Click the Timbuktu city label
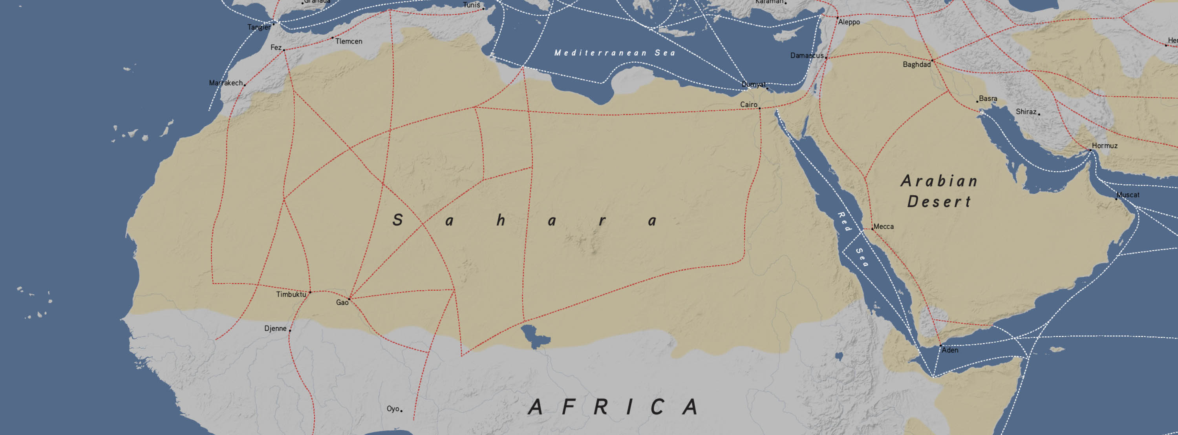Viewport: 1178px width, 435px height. click(x=291, y=295)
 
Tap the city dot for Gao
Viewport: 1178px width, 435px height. click(x=349, y=299)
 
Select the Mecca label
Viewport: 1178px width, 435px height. click(x=883, y=227)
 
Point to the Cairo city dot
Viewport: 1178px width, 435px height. click(x=759, y=108)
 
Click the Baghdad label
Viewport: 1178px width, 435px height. click(x=916, y=64)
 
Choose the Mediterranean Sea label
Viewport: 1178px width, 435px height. click(x=615, y=53)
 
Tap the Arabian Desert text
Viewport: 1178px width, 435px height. click(x=939, y=191)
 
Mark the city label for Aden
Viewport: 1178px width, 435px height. click(x=950, y=350)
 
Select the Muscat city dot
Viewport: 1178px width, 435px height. click(x=1116, y=199)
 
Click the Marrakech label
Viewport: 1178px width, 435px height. click(x=225, y=83)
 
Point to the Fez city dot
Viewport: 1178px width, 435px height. click(x=284, y=50)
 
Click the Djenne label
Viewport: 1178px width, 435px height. click(x=275, y=329)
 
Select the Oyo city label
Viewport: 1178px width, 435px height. click(x=393, y=408)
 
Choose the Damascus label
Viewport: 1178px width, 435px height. click(x=807, y=56)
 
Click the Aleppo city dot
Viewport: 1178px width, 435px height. click(x=838, y=18)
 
